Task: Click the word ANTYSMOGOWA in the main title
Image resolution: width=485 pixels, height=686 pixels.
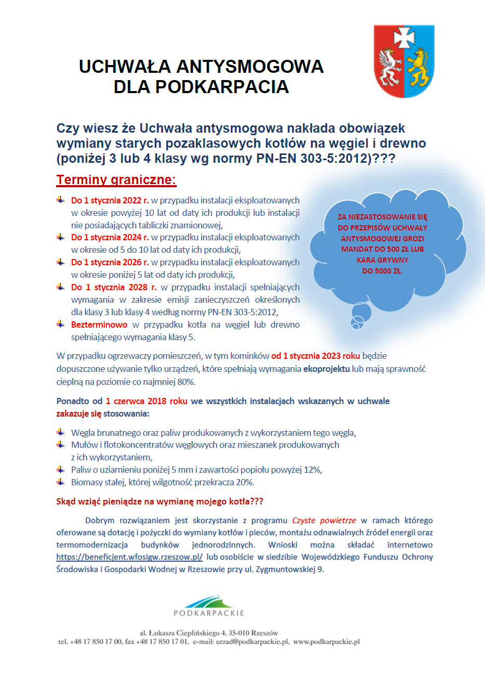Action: pyautogui.click(x=250, y=67)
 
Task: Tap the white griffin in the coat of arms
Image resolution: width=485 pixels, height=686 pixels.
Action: pyautogui.click(x=389, y=67)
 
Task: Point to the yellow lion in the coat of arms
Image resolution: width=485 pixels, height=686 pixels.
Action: pyautogui.click(x=419, y=68)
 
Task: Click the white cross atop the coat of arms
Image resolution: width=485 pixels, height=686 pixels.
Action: pyautogui.click(x=404, y=37)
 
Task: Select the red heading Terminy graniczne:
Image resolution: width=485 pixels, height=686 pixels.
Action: pyautogui.click(x=116, y=180)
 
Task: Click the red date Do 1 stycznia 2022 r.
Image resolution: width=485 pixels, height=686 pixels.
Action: pyautogui.click(x=110, y=200)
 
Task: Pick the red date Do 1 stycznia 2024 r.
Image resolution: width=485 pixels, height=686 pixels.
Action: pyautogui.click(x=110, y=237)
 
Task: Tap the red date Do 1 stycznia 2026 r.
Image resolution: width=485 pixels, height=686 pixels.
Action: pyautogui.click(x=110, y=262)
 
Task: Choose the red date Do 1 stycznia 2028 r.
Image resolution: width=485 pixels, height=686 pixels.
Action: pyautogui.click(x=114, y=287)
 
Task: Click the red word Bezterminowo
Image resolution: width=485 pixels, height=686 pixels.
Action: pyautogui.click(x=99, y=325)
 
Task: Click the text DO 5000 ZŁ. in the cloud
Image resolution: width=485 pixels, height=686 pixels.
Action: pyautogui.click(x=382, y=271)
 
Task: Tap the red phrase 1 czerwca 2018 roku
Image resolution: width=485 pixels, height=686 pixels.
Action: pyautogui.click(x=146, y=401)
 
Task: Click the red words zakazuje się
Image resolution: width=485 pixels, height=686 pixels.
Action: pyautogui.click(x=78, y=413)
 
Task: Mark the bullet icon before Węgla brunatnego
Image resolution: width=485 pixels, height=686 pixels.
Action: pyautogui.click(x=60, y=432)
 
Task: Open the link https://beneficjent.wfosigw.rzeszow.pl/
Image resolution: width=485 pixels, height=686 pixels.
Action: pyautogui.click(x=129, y=557)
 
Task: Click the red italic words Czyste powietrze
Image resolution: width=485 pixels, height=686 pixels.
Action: pyautogui.click(x=324, y=520)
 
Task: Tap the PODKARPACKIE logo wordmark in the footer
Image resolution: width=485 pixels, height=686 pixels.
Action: pyautogui.click(x=209, y=613)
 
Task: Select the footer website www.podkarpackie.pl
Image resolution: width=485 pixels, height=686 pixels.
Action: pyautogui.click(x=326, y=642)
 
